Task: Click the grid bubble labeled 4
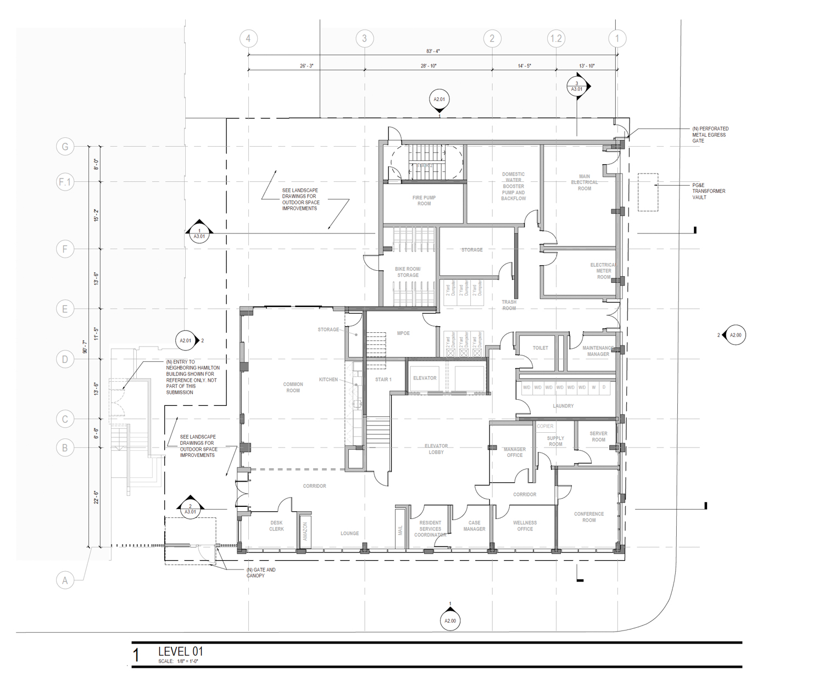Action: pos(248,38)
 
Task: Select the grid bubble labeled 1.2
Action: pos(556,38)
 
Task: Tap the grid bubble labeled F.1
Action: pos(65,182)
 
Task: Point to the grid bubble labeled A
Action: pos(65,580)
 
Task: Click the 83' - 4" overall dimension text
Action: pos(433,51)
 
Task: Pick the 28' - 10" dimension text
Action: pos(428,66)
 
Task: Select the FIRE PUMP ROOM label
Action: pos(424,200)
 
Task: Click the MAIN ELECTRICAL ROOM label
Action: pos(584,182)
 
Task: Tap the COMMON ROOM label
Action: pos(293,387)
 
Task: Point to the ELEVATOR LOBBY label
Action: pos(436,449)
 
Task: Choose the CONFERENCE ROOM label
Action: pos(589,517)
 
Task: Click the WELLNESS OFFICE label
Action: pos(525,526)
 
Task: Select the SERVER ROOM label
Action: pos(598,436)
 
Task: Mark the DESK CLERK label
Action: pos(276,526)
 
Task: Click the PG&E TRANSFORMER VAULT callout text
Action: pos(708,191)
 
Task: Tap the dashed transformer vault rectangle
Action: pos(648,192)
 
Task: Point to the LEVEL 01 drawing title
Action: pos(181,651)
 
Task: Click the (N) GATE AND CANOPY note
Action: pos(261,572)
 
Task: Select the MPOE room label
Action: pos(403,333)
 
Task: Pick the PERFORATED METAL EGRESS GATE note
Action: pos(710,135)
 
